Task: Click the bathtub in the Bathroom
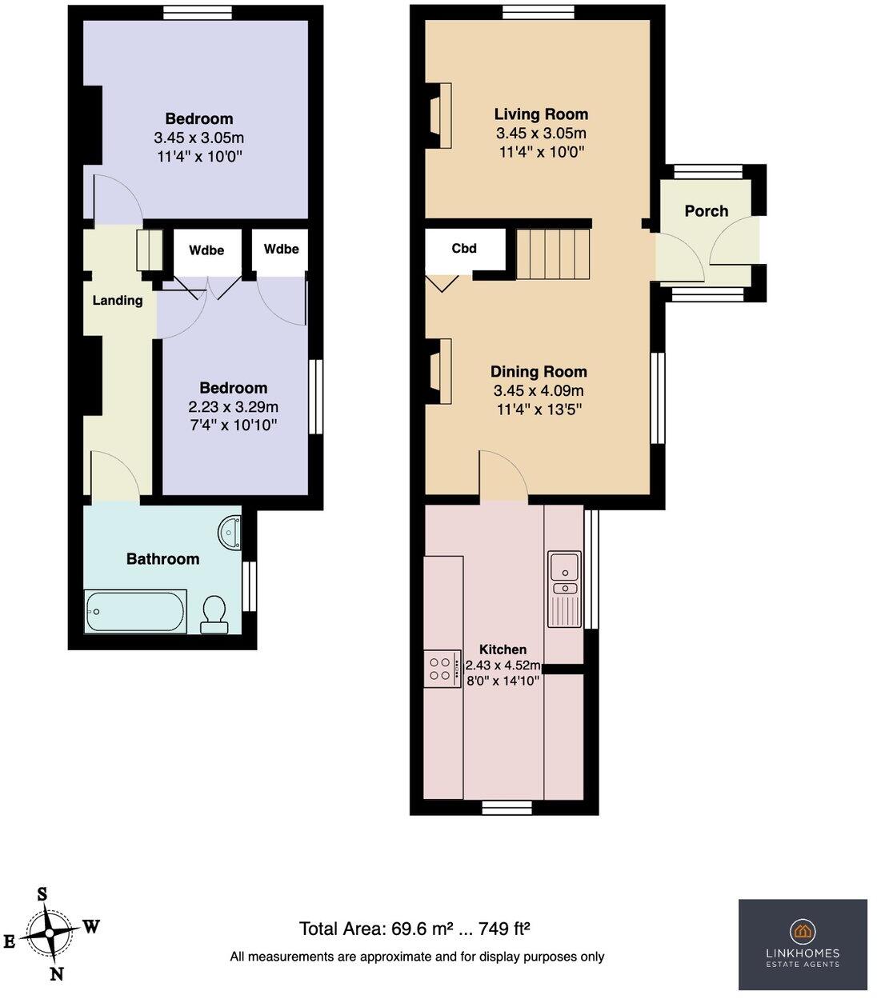point(135,612)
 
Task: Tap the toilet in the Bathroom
point(214,614)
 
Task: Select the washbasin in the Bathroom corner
point(231,532)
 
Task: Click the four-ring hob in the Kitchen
point(442,668)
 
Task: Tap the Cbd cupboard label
point(464,248)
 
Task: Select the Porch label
point(707,211)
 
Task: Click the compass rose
point(50,933)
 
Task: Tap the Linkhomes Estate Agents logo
point(803,944)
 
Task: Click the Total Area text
point(415,929)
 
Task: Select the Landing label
point(118,301)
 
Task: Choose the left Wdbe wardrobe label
point(206,250)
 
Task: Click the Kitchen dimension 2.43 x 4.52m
point(503,665)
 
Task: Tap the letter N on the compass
point(57,973)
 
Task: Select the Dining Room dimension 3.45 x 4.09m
point(539,391)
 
